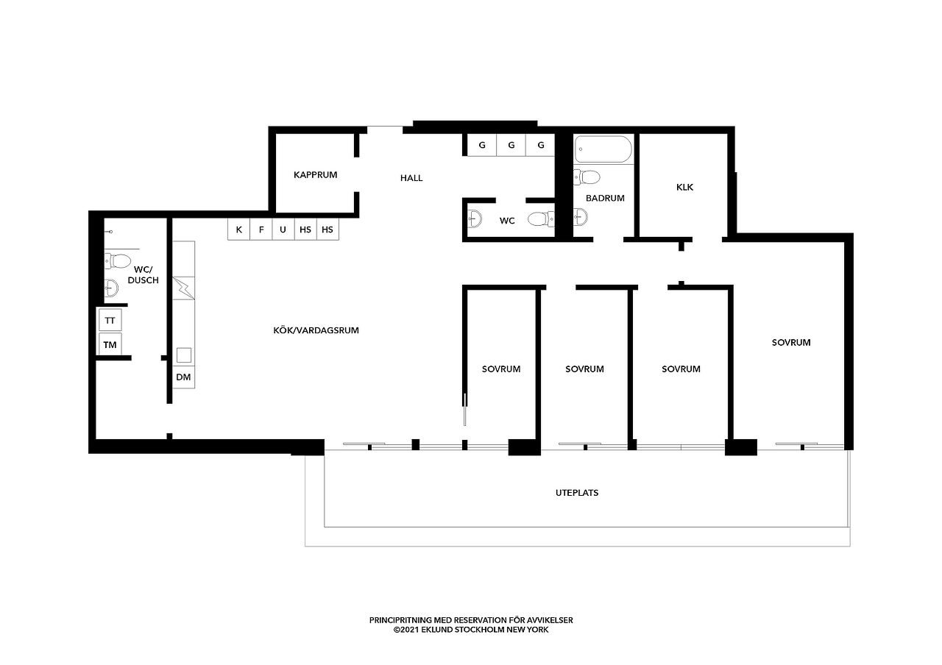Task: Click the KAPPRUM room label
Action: point(316,175)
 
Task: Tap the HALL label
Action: point(411,178)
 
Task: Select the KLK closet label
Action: point(684,188)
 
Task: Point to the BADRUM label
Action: point(605,198)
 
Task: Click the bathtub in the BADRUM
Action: point(603,149)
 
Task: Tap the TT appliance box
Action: point(110,321)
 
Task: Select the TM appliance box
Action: point(110,345)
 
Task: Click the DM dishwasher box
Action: point(183,377)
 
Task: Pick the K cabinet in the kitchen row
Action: point(239,230)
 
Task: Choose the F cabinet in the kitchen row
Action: point(261,230)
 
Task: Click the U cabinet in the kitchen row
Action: point(283,230)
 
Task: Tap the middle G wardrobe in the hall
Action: point(511,145)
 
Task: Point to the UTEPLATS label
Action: point(577,493)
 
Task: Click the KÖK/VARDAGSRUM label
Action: point(316,330)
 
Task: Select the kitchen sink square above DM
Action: point(184,355)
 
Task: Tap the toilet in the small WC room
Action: point(541,219)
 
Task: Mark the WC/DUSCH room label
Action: point(143,275)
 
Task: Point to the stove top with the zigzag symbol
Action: point(183,288)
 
